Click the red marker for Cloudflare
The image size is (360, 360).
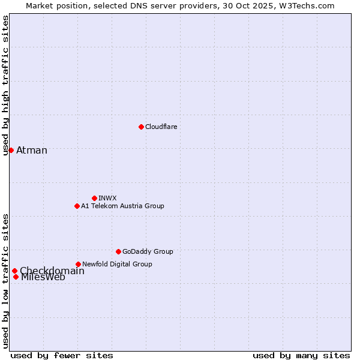click(141, 127)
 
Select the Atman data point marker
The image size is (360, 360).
click(11, 150)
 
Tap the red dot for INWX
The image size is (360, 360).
click(94, 198)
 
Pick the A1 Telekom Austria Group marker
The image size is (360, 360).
click(77, 206)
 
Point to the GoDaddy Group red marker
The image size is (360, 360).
click(118, 251)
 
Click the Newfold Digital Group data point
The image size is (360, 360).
click(78, 264)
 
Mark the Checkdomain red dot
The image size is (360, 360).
click(14, 271)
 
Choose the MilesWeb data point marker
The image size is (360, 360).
click(16, 277)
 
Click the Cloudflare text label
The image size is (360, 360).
click(161, 127)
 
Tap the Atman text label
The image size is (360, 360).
click(32, 150)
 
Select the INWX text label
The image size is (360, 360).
click(107, 198)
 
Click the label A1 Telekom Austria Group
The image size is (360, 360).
click(122, 206)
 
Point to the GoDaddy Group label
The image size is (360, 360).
click(148, 251)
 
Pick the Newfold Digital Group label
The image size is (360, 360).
click(117, 264)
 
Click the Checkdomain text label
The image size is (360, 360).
click(52, 271)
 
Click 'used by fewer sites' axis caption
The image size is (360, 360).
click(62, 355)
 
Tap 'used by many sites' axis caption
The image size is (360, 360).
click(301, 355)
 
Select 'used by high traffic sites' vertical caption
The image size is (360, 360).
click(6, 85)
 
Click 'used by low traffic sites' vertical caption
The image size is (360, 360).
click(6, 280)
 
